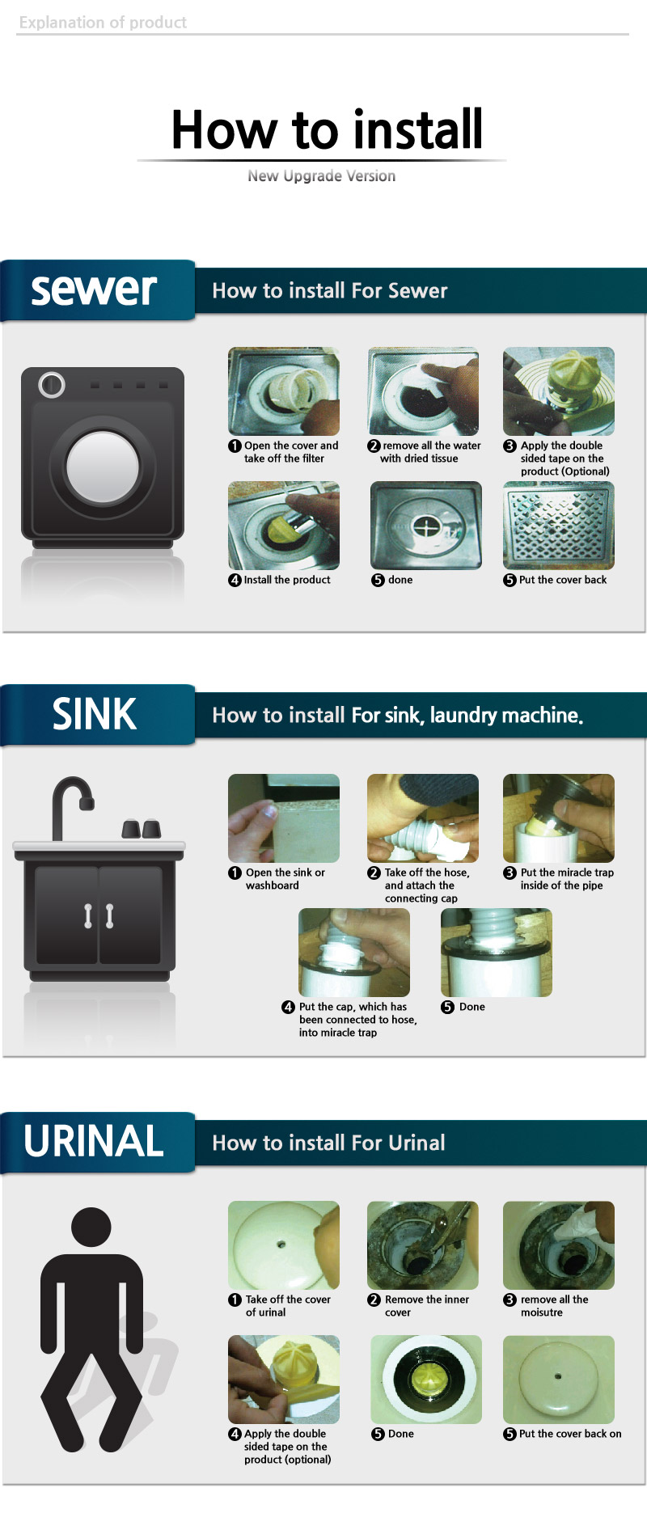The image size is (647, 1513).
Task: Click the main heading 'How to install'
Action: click(328, 129)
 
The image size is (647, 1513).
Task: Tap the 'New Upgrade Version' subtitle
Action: click(322, 175)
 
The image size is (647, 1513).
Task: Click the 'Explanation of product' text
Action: click(103, 23)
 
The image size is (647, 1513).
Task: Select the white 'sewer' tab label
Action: click(94, 289)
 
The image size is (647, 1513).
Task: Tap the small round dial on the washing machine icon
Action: click(52, 385)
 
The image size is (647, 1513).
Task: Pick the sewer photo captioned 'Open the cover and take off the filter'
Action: click(284, 391)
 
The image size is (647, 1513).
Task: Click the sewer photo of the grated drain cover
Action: click(559, 526)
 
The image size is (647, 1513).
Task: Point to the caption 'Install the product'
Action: click(287, 580)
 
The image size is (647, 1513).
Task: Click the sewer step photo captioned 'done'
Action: click(426, 526)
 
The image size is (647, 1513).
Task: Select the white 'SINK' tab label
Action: click(95, 714)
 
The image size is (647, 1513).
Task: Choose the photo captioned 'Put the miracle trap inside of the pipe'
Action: click(559, 818)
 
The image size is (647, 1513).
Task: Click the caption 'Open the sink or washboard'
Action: click(285, 879)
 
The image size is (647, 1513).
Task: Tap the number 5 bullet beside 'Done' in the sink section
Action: click(447, 1007)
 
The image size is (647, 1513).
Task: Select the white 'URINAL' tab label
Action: click(94, 1141)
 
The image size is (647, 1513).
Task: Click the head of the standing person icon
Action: click(91, 1228)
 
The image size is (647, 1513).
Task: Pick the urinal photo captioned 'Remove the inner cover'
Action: click(423, 1245)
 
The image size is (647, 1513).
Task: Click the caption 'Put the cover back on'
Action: click(570, 1434)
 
